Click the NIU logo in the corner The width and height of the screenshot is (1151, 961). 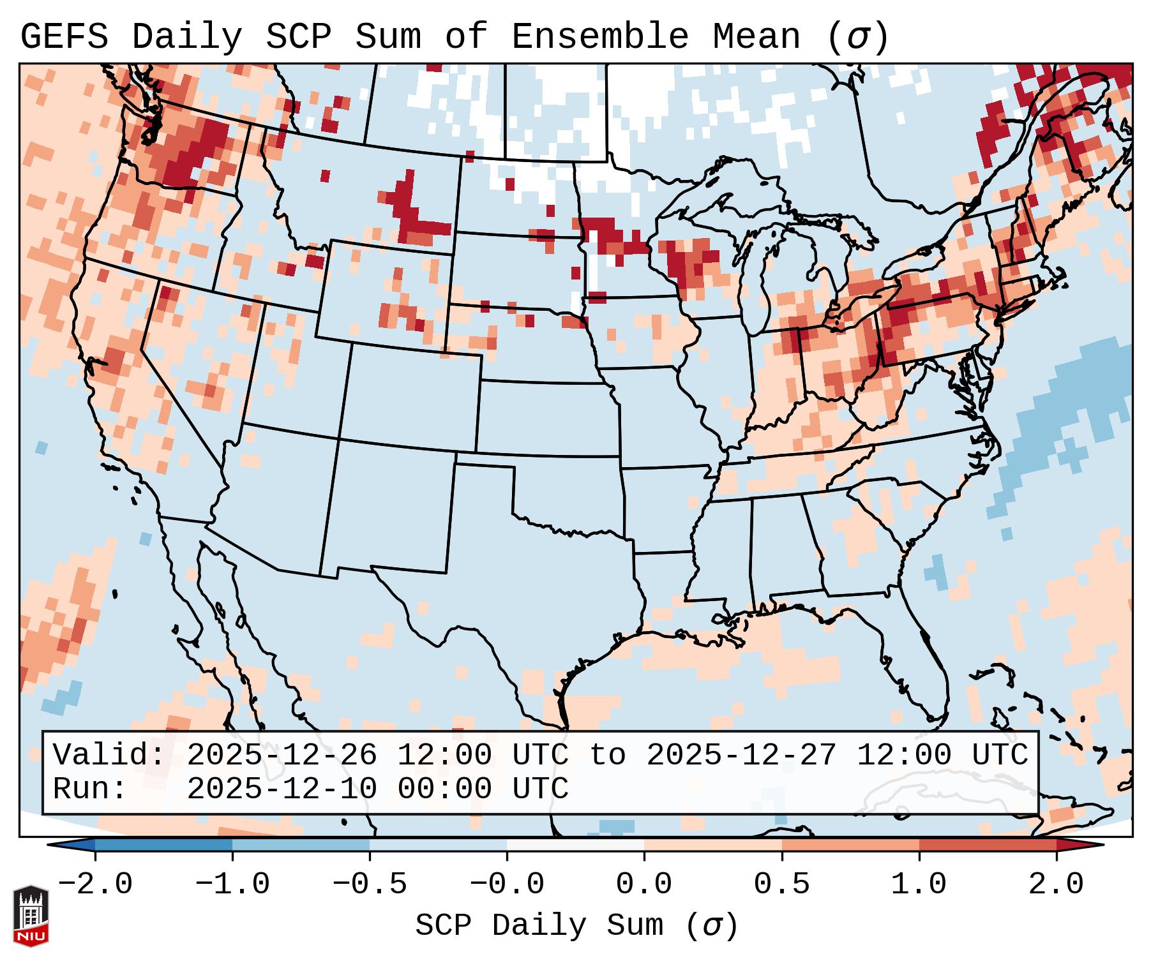tap(31, 915)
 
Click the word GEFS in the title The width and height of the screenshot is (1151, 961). tap(64, 37)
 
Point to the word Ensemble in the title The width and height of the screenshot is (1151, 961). tap(600, 37)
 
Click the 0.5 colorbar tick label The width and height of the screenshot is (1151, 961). tap(782, 884)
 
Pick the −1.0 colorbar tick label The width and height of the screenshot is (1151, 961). tap(232, 884)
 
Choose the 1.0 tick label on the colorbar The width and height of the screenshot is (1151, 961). tap(919, 884)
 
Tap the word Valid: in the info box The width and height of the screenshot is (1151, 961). tap(109, 755)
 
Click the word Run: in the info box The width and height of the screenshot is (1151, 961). tap(90, 789)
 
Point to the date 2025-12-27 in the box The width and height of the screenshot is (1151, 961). tap(741, 755)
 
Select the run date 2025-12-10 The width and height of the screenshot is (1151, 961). tap(282, 789)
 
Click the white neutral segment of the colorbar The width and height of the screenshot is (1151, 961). tap(575, 845)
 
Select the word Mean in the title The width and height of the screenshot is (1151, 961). tap(756, 37)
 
